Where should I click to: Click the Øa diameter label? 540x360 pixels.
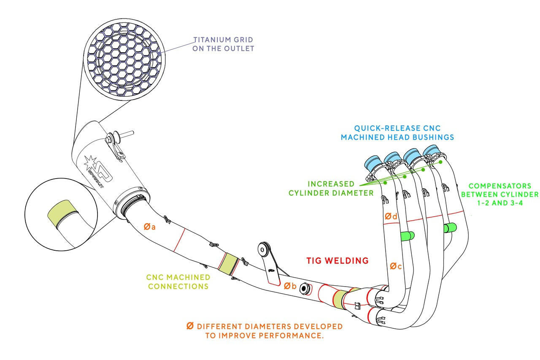[x=149, y=227]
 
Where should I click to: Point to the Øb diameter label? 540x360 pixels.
[x=290, y=286]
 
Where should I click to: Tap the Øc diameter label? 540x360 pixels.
[x=395, y=266]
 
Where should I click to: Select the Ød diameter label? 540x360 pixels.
[x=391, y=217]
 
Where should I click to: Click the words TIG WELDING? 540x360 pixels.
[x=337, y=261]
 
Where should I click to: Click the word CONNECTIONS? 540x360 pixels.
[x=178, y=286]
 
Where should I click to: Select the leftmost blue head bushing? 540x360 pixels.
[x=373, y=163]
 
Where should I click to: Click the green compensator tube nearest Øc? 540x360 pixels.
[x=407, y=235]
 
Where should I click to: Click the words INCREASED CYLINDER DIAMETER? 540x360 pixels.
[x=331, y=189]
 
